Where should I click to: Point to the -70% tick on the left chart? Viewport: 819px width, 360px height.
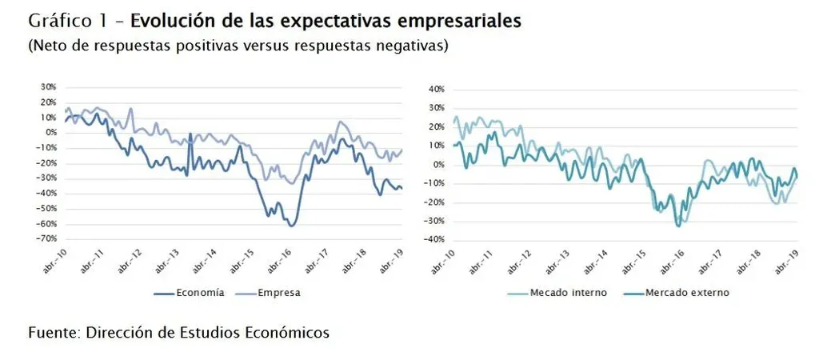[46, 238]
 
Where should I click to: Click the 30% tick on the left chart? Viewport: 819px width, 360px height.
[47, 87]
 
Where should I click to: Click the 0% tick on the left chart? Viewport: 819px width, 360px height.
[50, 133]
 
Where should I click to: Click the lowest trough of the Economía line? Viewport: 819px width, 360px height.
[291, 226]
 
